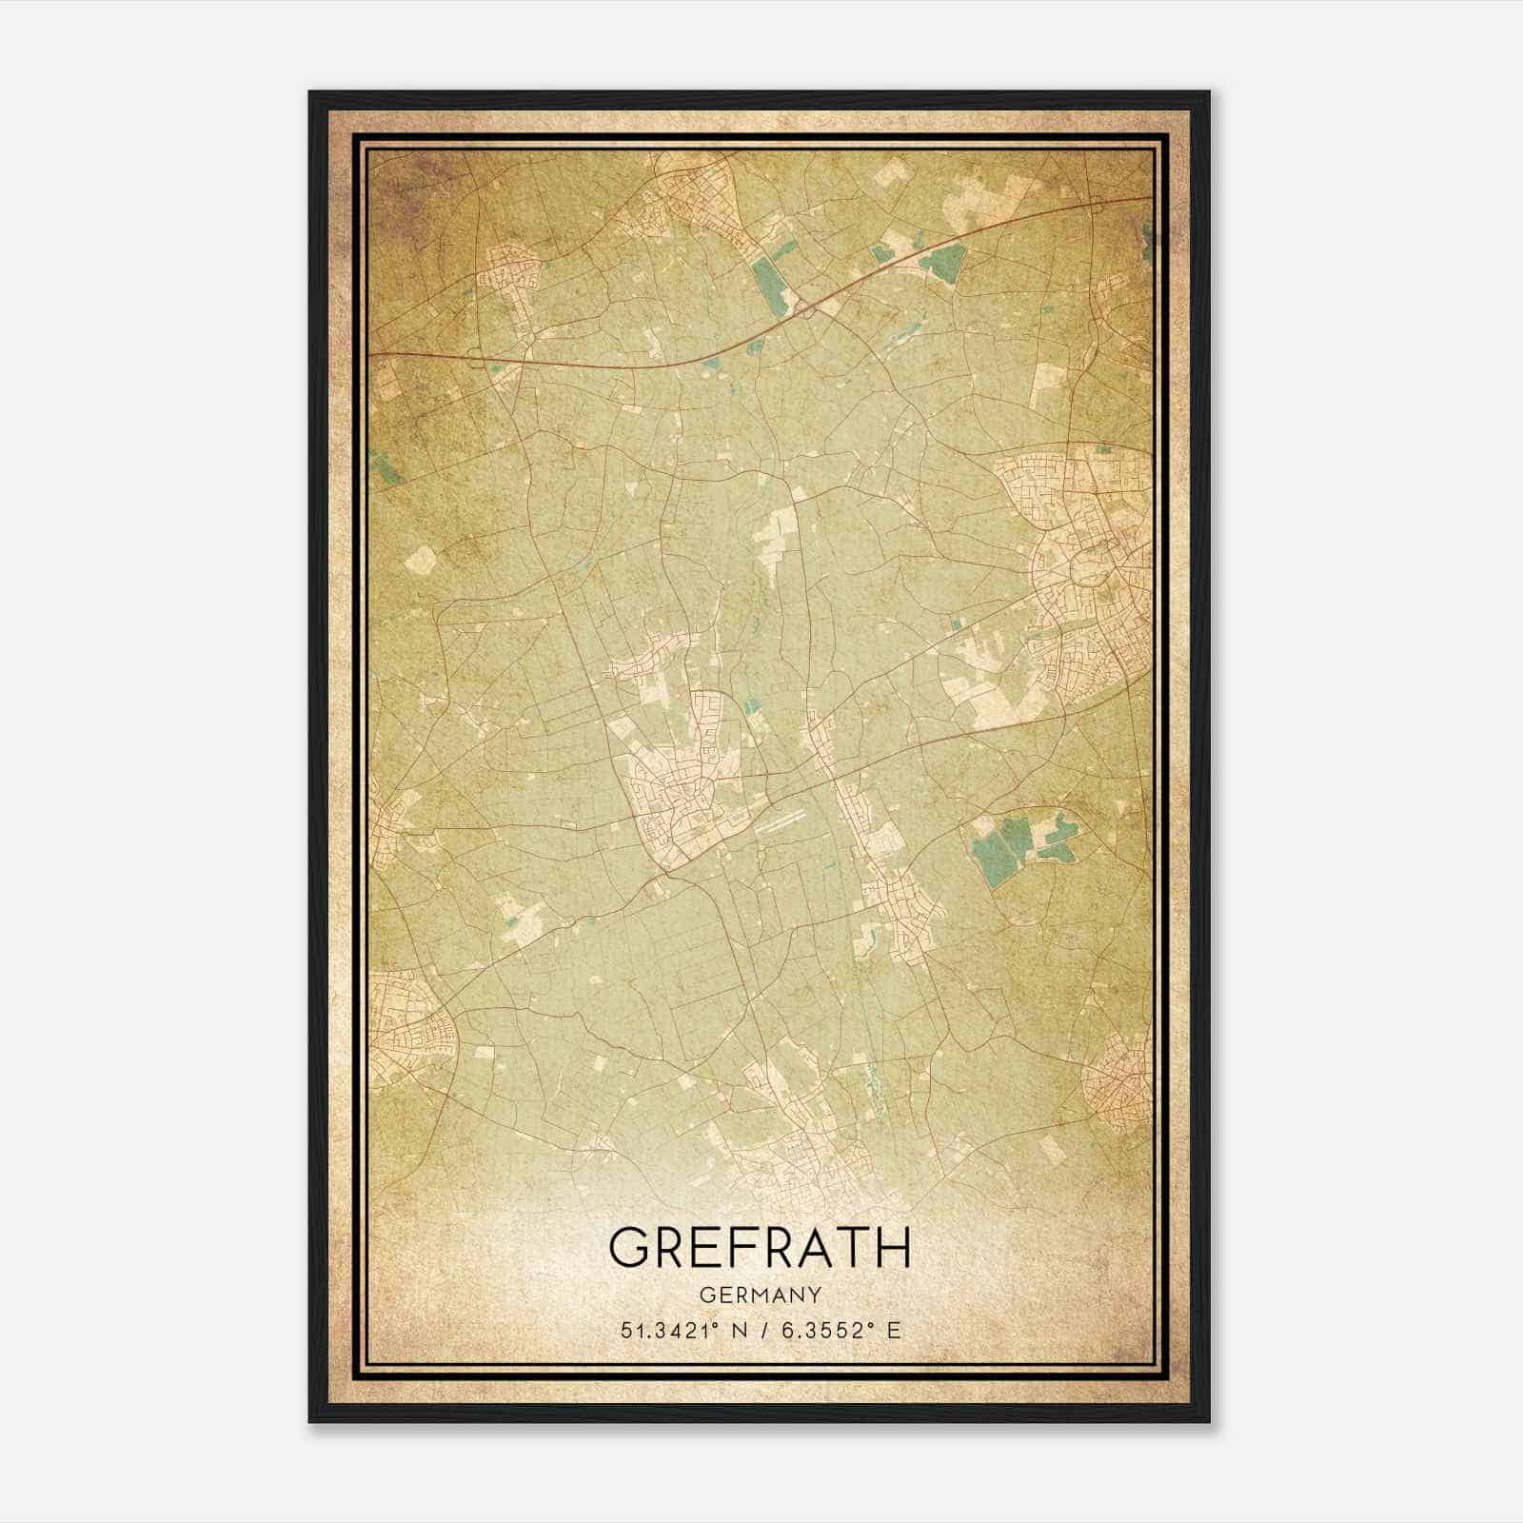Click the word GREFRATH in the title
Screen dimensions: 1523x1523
coord(760,1248)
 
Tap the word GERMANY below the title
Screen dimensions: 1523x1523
coord(760,1296)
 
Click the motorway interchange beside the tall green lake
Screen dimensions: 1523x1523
coord(804,307)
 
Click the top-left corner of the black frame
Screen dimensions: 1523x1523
coord(311,93)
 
